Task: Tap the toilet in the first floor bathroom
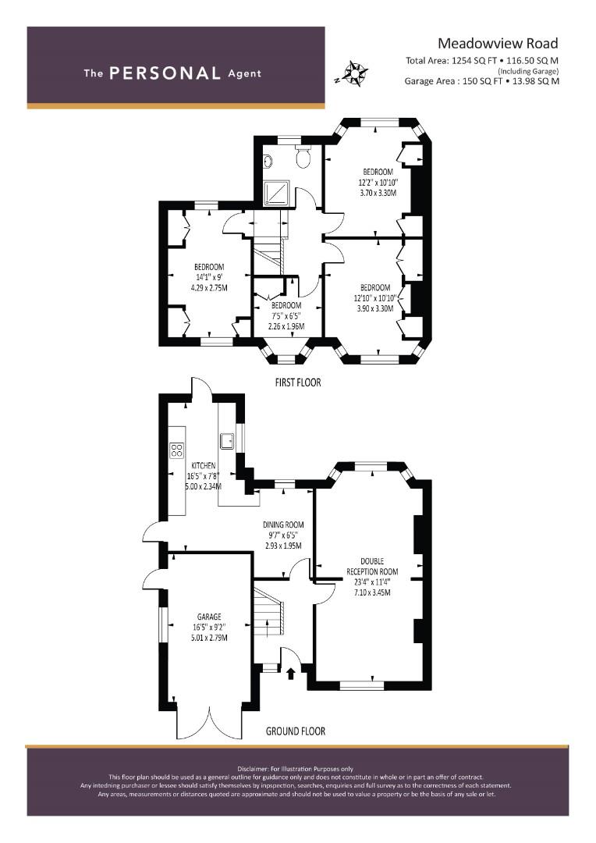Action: point(304,154)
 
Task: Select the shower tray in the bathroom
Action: point(276,193)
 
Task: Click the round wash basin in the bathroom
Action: point(268,161)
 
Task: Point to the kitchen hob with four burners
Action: point(176,450)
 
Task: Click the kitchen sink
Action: point(226,440)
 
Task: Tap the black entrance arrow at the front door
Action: point(291,673)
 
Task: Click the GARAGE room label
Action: point(209,617)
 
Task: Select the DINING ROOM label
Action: point(283,525)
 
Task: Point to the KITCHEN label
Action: point(204,465)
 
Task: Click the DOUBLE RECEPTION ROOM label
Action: point(372,566)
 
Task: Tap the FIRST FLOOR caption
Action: point(298,382)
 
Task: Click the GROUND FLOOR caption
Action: point(296,731)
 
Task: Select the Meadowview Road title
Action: point(498,43)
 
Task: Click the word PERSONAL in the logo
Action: point(165,73)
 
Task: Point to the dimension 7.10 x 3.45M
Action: point(372,592)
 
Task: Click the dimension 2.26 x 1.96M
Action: point(286,326)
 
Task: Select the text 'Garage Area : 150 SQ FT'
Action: point(453,81)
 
